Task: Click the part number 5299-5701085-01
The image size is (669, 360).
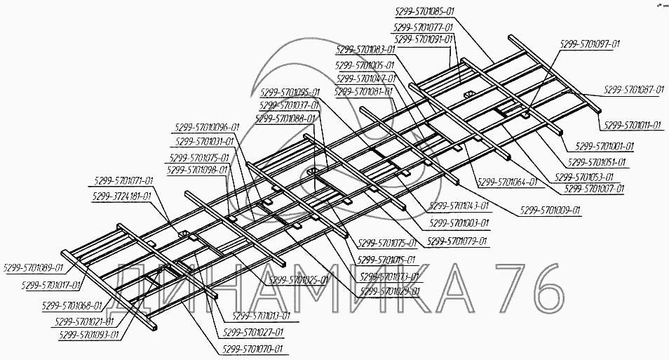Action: (x=424, y=11)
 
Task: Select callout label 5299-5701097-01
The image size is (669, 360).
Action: (x=589, y=44)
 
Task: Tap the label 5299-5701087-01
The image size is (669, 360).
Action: (x=633, y=91)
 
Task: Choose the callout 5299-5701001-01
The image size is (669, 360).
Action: (x=604, y=147)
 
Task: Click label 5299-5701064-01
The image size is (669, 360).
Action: (x=507, y=182)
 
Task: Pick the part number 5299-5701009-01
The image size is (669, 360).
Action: (x=550, y=210)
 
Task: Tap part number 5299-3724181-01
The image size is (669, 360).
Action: (x=121, y=196)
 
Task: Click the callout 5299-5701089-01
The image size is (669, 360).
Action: (x=33, y=267)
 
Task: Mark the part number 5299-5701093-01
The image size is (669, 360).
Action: (x=88, y=335)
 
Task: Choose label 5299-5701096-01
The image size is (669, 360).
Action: (x=205, y=127)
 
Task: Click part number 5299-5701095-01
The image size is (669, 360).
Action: (x=290, y=92)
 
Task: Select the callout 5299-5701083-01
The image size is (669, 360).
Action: (x=365, y=50)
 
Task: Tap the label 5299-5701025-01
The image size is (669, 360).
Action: (x=299, y=279)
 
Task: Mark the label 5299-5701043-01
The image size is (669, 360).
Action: (x=459, y=206)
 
